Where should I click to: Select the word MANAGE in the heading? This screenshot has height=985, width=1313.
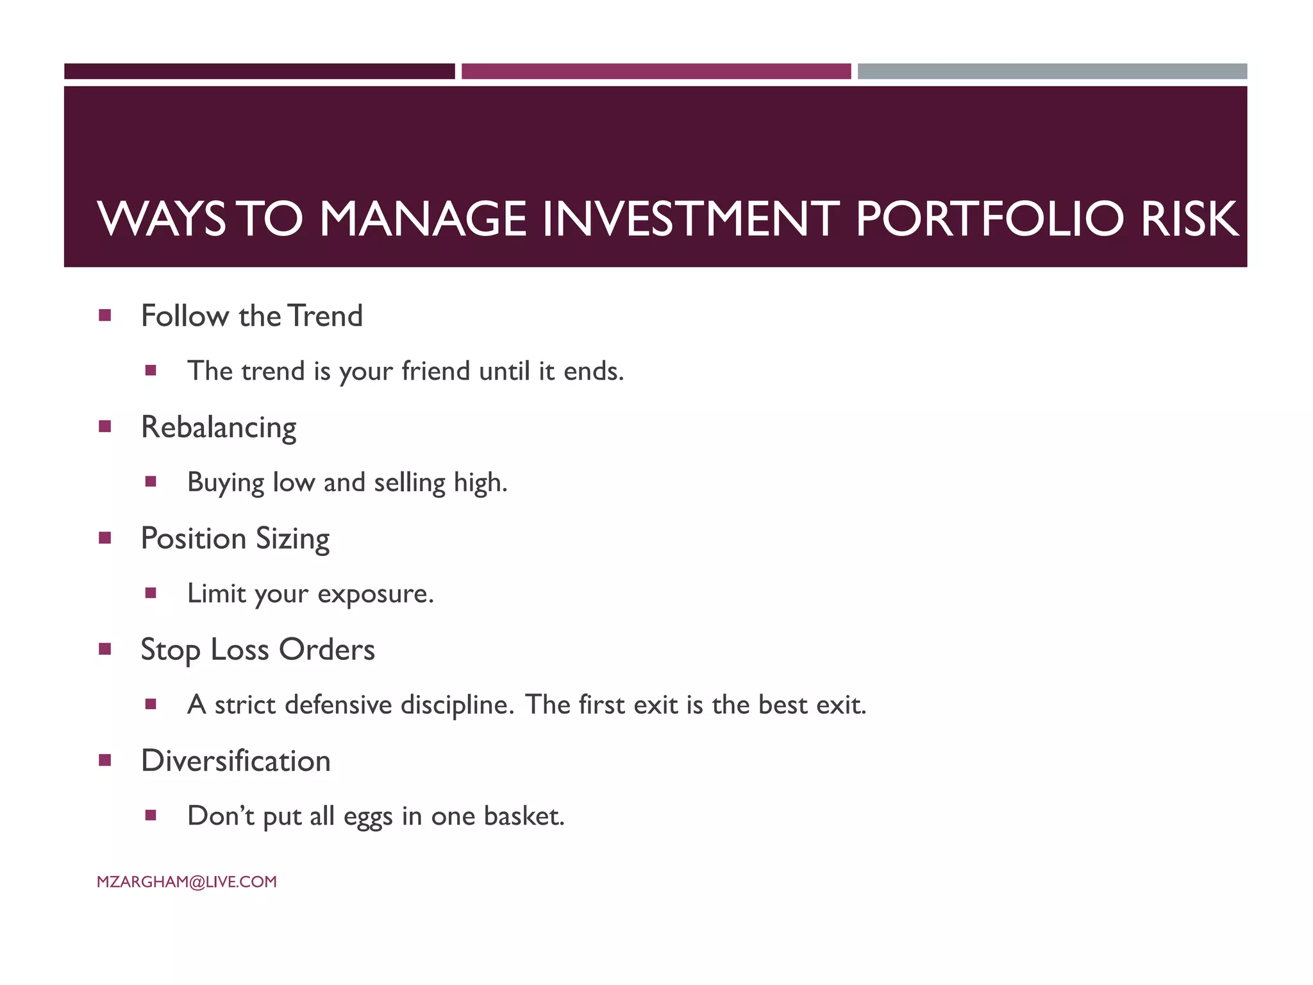422,219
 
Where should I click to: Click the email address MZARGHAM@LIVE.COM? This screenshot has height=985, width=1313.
187,882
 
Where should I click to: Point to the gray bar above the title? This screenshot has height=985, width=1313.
1052,71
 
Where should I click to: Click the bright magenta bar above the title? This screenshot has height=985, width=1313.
656,71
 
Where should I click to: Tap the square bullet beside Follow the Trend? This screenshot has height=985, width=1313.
105,315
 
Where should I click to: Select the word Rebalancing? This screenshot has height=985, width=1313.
219,427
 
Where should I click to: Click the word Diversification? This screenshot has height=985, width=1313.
235,761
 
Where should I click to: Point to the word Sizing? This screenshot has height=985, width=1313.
292,539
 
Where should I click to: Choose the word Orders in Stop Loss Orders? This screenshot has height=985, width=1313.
326,650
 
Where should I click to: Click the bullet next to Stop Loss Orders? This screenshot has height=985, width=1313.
105,649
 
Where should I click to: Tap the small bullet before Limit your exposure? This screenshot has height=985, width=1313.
151,593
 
